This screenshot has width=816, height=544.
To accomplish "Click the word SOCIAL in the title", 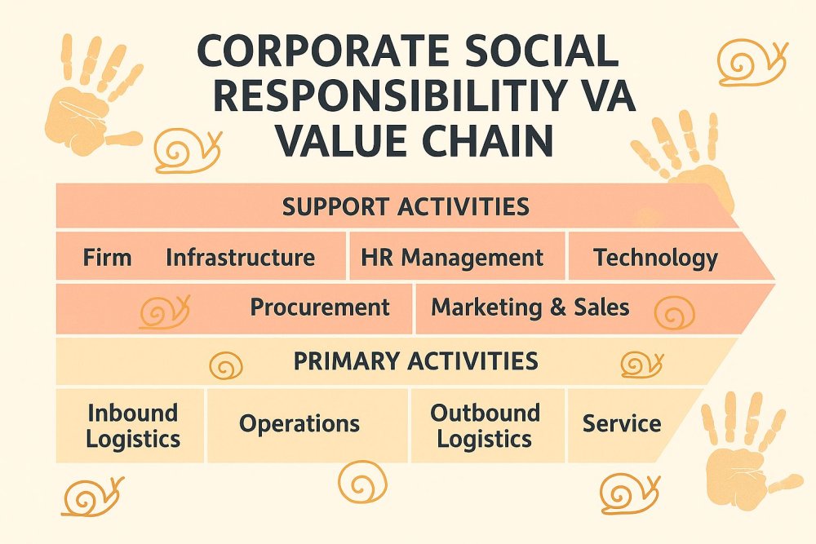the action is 536,52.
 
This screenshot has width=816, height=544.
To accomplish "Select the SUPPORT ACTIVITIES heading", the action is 406,207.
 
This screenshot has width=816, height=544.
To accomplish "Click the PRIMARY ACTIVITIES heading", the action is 416,361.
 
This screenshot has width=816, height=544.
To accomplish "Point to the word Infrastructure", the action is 241,258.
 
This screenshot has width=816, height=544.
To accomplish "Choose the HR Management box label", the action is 452,258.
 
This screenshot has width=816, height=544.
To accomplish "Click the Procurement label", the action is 320,307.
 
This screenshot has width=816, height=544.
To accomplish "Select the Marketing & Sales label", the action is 530,307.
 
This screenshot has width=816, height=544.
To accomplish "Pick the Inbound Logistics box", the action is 130,426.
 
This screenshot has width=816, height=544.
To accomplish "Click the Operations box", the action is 308,426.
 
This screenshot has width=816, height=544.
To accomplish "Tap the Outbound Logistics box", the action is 488,426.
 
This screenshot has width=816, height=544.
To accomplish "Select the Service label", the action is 622,423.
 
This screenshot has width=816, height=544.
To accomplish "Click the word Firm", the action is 107,258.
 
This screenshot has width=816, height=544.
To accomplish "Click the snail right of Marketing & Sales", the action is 675,313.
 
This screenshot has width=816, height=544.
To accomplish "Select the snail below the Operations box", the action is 363,482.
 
